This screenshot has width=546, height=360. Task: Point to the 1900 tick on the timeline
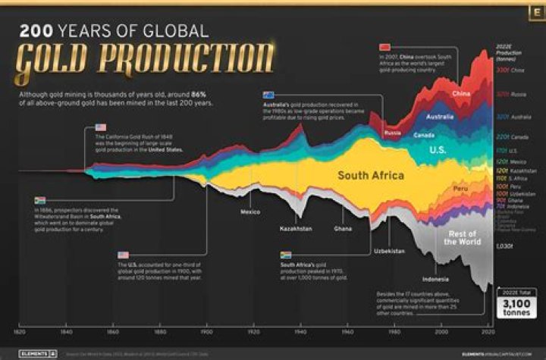[x=206, y=332]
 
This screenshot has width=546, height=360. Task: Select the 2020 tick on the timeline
[x=487, y=332]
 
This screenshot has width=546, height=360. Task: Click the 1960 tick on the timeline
[x=347, y=332]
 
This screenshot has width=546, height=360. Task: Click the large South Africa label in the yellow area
[x=370, y=176]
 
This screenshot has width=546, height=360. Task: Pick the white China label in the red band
[x=461, y=93]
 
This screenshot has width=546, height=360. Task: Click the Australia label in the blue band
[x=440, y=117]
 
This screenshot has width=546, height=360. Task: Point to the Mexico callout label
[x=250, y=212]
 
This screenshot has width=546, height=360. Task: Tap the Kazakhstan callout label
[x=296, y=227]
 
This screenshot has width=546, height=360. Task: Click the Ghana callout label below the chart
[x=342, y=227]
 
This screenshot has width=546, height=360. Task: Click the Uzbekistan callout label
[x=389, y=250]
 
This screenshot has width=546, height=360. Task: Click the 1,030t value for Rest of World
[x=504, y=246]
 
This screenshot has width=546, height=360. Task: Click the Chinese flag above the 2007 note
[x=384, y=48]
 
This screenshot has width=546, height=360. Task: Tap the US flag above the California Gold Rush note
[x=102, y=127]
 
